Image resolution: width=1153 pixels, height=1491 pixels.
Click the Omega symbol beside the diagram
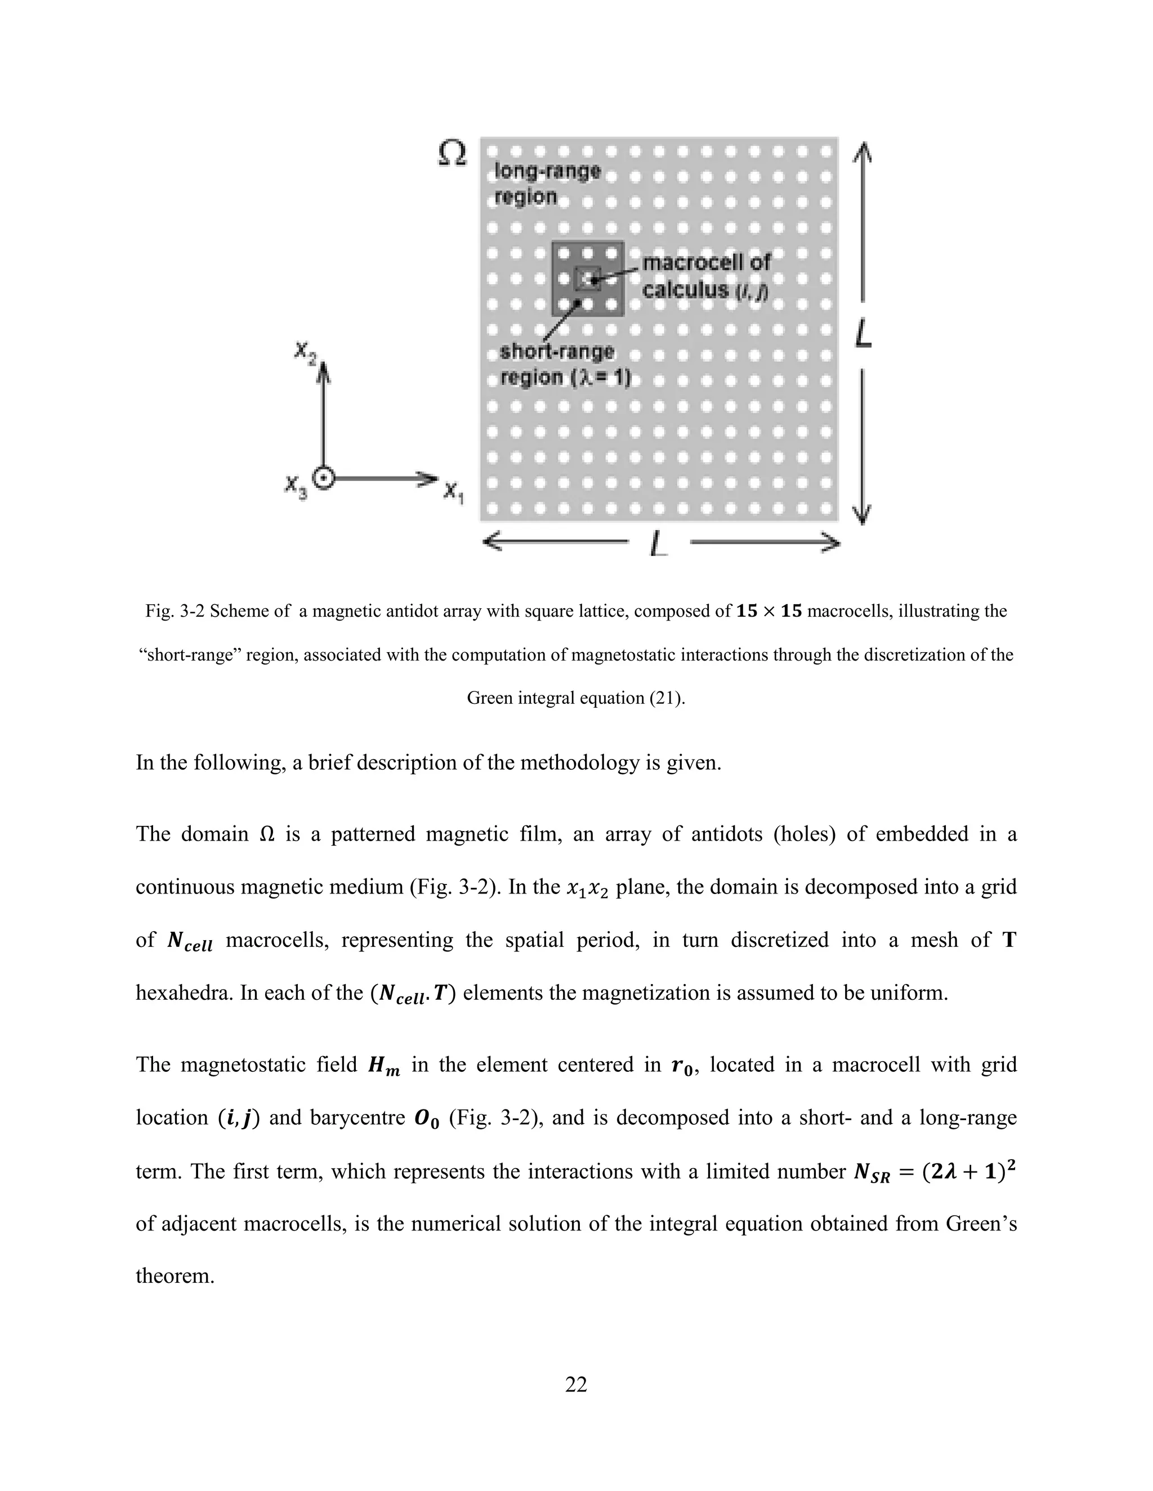tap(452, 154)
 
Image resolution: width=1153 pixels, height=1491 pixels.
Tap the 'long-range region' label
tap(545, 183)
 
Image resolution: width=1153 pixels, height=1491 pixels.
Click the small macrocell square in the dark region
tap(588, 279)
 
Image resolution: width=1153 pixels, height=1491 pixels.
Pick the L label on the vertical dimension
tap(864, 335)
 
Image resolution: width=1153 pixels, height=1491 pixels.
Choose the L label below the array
tap(659, 544)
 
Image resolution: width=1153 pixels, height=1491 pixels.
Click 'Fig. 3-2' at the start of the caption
tap(173, 611)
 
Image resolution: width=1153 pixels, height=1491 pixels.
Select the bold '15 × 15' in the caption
tap(768, 611)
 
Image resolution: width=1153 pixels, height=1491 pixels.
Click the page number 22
tap(576, 1384)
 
